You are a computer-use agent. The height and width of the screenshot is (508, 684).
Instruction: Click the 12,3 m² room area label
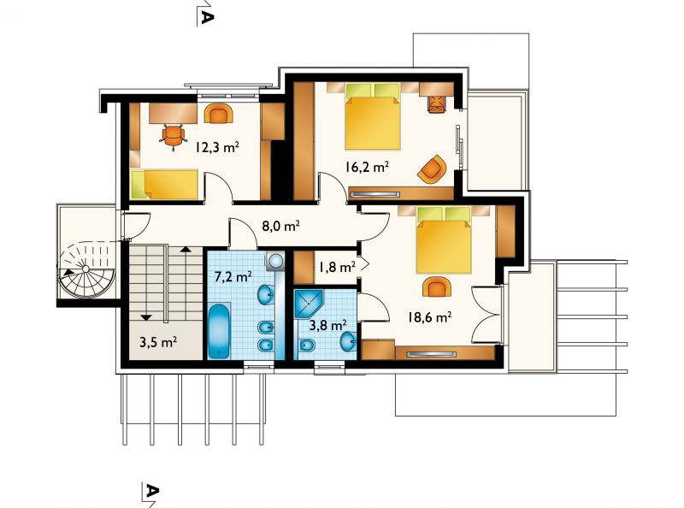pyautogui.click(x=217, y=147)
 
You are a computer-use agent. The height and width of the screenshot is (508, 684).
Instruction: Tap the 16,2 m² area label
pyautogui.click(x=367, y=166)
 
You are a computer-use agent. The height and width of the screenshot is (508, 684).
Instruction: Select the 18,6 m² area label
pyautogui.click(x=429, y=316)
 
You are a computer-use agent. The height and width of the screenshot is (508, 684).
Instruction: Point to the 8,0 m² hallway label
pyautogui.click(x=280, y=226)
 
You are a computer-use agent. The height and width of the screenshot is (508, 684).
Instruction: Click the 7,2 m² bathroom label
pyautogui.click(x=233, y=276)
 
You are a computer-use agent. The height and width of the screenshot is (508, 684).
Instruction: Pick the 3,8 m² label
pyautogui.click(x=328, y=325)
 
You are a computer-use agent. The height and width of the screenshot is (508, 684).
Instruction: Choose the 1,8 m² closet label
pyautogui.click(x=337, y=266)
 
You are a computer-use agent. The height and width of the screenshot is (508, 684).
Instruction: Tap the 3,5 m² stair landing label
pyautogui.click(x=158, y=342)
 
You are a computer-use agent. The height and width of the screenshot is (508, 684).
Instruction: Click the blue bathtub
pyautogui.click(x=219, y=330)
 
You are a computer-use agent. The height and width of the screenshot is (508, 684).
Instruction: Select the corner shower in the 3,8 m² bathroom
pyautogui.click(x=308, y=304)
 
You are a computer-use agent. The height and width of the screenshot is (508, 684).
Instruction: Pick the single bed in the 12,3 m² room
pyautogui.click(x=165, y=184)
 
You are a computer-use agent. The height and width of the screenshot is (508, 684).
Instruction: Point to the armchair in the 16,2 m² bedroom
pyautogui.click(x=432, y=168)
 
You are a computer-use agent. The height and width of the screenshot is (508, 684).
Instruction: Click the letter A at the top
pyautogui.click(x=207, y=17)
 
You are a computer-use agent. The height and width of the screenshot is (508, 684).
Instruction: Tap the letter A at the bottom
pyautogui.click(x=151, y=491)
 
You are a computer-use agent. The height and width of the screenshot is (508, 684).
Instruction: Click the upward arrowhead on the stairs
pyautogui.click(x=186, y=249)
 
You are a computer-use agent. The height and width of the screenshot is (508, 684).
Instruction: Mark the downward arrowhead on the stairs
pyautogui.click(x=145, y=318)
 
